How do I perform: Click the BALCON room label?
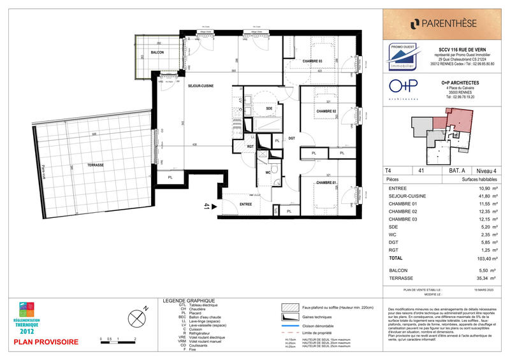click(x=157, y=52)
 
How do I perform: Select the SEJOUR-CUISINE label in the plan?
click(x=200, y=94)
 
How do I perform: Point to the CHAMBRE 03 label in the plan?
click(x=312, y=61)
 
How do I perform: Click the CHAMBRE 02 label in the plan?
click(x=326, y=112)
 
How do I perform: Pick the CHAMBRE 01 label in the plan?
click(x=326, y=184)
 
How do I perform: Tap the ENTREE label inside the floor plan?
click(x=246, y=205)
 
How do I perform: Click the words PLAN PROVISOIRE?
click(x=47, y=342)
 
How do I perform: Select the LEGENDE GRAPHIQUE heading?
click(x=189, y=301)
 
